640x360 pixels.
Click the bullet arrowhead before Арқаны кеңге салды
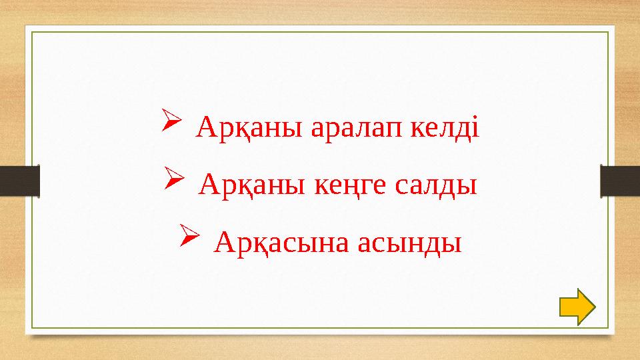171,179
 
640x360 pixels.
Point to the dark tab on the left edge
19,181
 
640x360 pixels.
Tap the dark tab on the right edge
620,181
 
